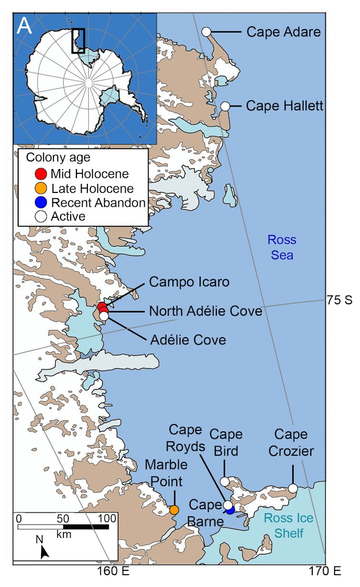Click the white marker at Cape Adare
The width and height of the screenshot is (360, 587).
(x=206, y=32)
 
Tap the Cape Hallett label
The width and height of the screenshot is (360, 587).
(x=285, y=106)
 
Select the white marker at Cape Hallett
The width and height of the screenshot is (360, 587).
(x=225, y=107)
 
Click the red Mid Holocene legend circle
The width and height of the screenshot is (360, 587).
(x=41, y=173)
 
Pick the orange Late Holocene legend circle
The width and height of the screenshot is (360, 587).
(x=41, y=188)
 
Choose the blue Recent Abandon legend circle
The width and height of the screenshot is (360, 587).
(x=41, y=202)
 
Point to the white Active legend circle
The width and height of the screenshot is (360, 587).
(x=41, y=216)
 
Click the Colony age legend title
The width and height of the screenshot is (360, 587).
(x=58, y=157)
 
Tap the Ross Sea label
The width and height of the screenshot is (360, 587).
(x=282, y=247)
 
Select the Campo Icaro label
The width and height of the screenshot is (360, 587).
(x=189, y=282)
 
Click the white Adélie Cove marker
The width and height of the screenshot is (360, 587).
(x=104, y=316)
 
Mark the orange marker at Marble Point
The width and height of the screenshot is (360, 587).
(x=174, y=510)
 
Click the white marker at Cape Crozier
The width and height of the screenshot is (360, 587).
(x=293, y=488)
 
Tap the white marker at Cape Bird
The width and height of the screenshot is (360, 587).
(x=224, y=481)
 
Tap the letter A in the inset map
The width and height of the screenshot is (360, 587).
(x=25, y=27)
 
